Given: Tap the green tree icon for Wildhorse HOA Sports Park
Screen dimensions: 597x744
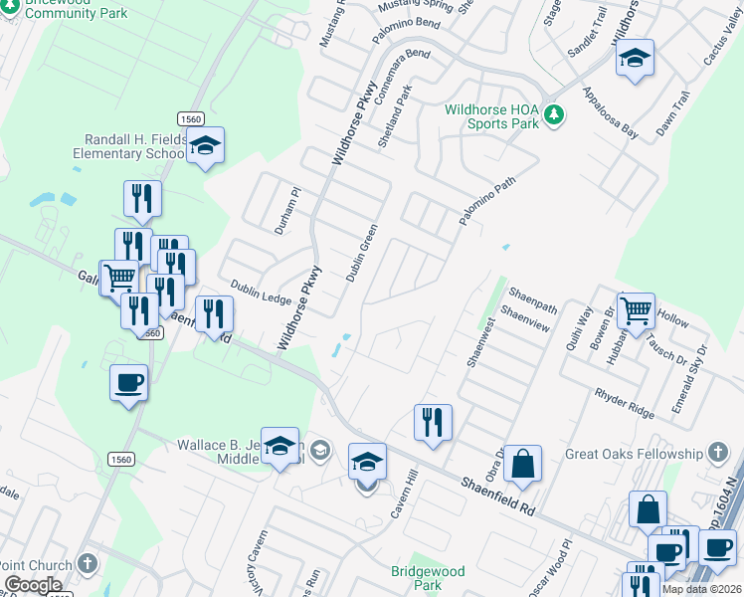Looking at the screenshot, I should click(x=555, y=117).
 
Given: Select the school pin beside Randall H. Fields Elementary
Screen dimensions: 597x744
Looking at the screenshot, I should click(x=206, y=147).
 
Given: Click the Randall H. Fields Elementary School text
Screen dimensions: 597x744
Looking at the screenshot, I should click(x=129, y=147).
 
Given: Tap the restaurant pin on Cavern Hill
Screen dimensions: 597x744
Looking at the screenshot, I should click(x=433, y=422).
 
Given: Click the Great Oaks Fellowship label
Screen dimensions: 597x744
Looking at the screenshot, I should click(x=634, y=455).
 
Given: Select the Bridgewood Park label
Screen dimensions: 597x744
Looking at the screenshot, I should click(x=428, y=579).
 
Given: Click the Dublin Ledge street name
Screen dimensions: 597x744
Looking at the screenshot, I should click(x=261, y=291).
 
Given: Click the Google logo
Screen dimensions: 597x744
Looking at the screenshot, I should click(x=33, y=585).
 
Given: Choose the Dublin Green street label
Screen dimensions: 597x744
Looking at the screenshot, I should click(x=361, y=253).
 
